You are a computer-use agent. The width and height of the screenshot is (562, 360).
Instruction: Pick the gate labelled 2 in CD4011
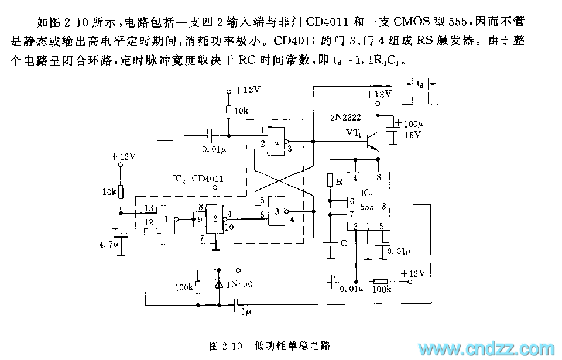coord(215,219)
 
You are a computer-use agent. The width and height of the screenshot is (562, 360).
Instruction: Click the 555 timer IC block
coord(368,200)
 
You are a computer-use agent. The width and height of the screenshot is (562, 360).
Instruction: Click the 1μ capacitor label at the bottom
coord(246,313)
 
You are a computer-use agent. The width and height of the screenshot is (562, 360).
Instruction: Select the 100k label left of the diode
coord(183,287)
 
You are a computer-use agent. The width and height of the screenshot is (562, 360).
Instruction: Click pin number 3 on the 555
coord(382,205)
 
